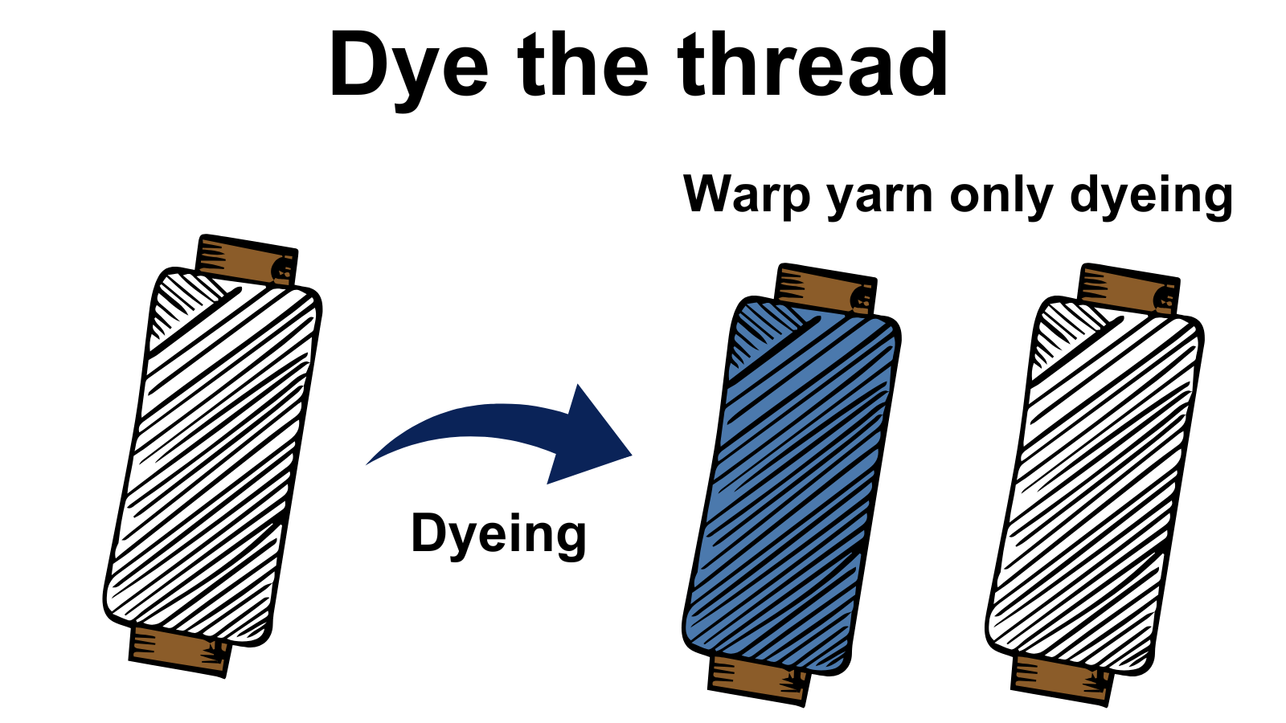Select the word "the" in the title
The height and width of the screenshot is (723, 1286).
pyautogui.click(x=584, y=63)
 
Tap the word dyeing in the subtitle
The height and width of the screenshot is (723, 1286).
pyautogui.click(x=1151, y=198)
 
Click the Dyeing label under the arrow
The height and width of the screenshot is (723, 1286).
pyautogui.click(x=499, y=535)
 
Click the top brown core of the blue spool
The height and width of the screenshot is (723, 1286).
pyautogui.click(x=825, y=290)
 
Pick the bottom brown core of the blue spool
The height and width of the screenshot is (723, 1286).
pyautogui.click(x=759, y=681)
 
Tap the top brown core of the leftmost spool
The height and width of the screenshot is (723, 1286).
pyautogui.click(x=246, y=260)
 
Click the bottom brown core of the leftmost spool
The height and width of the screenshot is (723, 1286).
pyautogui.click(x=180, y=652)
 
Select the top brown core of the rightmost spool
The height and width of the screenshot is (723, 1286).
pyautogui.click(x=1128, y=290)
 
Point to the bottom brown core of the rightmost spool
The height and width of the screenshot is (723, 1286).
pyautogui.click(x=1062, y=681)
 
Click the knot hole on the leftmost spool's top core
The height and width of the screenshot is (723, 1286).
pyautogui.click(x=282, y=269)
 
